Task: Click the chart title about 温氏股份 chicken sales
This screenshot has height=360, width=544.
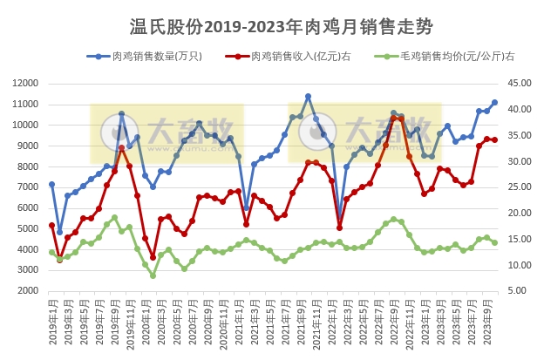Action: click(x=272, y=26)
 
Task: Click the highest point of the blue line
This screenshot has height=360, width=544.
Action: click(x=308, y=97)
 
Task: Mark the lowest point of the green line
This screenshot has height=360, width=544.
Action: click(x=153, y=275)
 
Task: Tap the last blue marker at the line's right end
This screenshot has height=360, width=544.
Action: click(x=494, y=102)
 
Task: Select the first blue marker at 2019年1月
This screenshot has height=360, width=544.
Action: click(x=51, y=185)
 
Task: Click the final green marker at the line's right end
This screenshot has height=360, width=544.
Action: click(x=494, y=243)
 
